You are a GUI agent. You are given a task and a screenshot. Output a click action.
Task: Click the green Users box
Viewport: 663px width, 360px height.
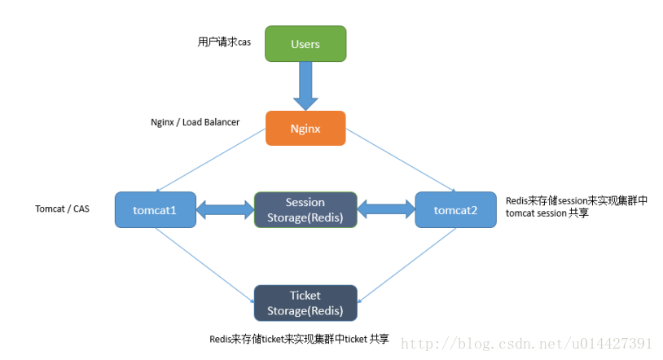coord(305,44)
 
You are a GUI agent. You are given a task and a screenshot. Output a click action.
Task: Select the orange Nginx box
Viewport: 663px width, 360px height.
coord(305,129)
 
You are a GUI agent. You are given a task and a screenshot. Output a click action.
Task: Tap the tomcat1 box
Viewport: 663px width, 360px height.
coord(156,209)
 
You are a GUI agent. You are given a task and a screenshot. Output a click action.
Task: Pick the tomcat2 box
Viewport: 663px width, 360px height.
coord(455,209)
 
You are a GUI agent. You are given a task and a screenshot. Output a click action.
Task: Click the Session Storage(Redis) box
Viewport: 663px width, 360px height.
coord(305,209)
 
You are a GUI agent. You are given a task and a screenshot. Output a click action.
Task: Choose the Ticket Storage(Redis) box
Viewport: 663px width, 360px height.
coord(305,302)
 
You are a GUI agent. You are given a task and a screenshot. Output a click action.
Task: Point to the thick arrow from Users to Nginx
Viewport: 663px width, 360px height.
coord(305,86)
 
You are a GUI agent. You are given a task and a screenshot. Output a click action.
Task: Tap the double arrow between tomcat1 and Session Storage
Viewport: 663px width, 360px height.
coord(226,209)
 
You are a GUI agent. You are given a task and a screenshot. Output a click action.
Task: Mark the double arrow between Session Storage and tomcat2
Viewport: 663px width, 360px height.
coord(385,209)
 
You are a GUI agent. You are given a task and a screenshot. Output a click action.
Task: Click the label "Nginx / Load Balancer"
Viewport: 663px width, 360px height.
coord(195,122)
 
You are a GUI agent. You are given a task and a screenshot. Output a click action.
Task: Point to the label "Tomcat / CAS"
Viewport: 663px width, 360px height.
coord(63,209)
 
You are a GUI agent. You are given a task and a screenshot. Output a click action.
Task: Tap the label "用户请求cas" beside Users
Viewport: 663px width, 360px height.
coord(224,42)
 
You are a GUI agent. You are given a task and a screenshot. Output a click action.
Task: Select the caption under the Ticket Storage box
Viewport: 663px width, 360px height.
coord(299,339)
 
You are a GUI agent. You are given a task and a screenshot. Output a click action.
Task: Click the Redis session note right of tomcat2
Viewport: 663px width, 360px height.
coord(577,207)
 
